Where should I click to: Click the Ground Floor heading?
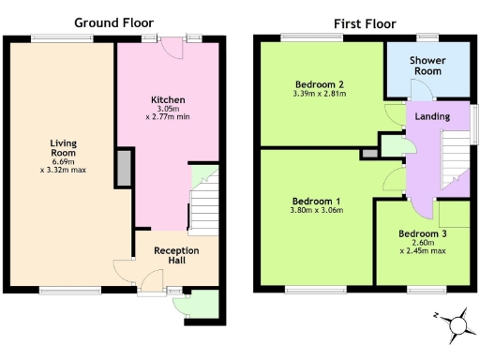(113, 22)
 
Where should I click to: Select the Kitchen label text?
(168, 99)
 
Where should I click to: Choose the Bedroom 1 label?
(317, 201)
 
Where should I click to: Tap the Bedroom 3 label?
(422, 233)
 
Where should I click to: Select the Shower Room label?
(427, 66)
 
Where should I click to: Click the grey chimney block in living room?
(123, 167)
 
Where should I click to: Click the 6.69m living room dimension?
(64, 161)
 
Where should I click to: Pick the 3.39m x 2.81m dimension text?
(320, 94)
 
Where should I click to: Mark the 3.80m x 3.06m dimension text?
(317, 211)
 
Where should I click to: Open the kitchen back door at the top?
(172, 44)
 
